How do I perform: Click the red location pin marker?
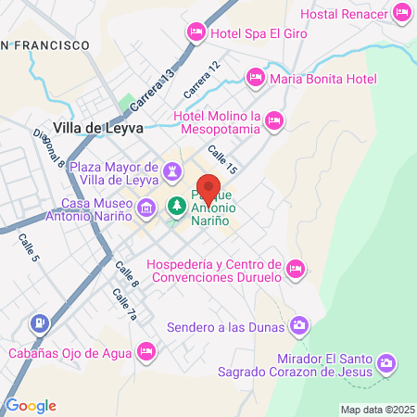coord(209,190)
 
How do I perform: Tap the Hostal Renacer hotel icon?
coord(402,12)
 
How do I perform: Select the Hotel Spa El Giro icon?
coord(196,32)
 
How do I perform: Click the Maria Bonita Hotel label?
coord(322,79)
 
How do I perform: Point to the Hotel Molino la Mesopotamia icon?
coord(273,119)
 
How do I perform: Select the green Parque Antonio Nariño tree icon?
coord(175,205)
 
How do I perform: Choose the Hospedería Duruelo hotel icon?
coord(296,269)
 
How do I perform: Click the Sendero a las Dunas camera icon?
coord(298,325)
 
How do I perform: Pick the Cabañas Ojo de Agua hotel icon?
coord(145,351)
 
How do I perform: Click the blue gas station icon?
coord(39,323)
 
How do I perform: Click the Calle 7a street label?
coord(124,305)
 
